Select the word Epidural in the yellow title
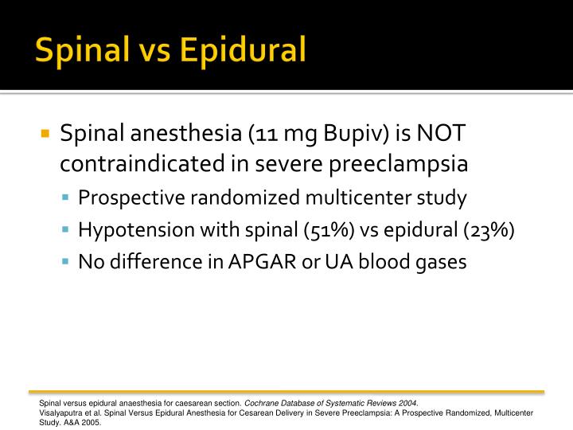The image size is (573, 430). [243, 49]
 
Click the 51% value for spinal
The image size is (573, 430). [326, 230]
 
